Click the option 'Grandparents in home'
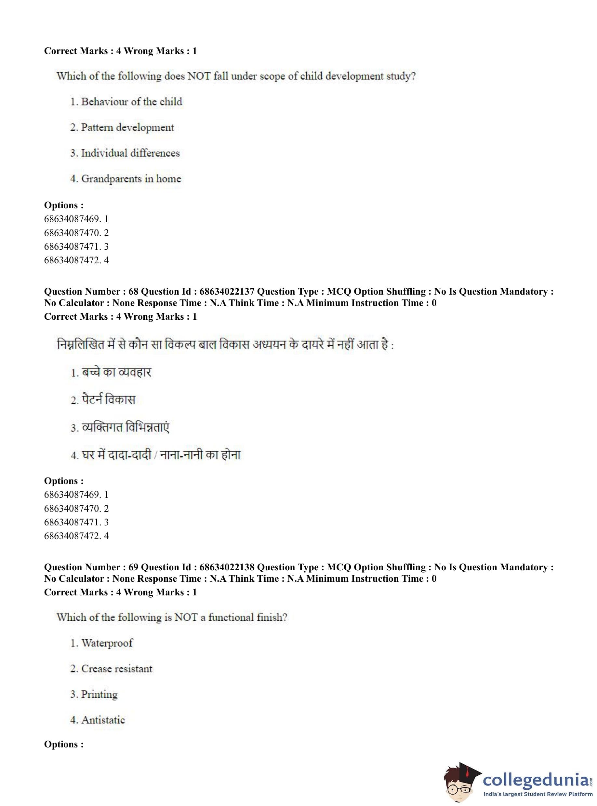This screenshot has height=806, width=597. (131, 179)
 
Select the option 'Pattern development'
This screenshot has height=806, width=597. (127, 127)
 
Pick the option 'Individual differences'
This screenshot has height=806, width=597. (130, 153)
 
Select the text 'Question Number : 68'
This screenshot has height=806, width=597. (91, 292)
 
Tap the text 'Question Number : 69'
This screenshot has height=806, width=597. (91, 567)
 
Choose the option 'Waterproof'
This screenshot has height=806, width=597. (107, 643)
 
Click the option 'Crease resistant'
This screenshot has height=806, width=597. (117, 669)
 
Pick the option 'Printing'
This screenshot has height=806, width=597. (99, 694)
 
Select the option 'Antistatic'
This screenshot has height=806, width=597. (103, 720)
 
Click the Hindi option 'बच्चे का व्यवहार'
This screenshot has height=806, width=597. (116, 372)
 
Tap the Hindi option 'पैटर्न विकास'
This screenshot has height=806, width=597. (108, 400)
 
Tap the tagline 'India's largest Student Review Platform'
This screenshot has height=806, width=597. (538, 794)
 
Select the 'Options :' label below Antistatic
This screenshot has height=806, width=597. (64, 744)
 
